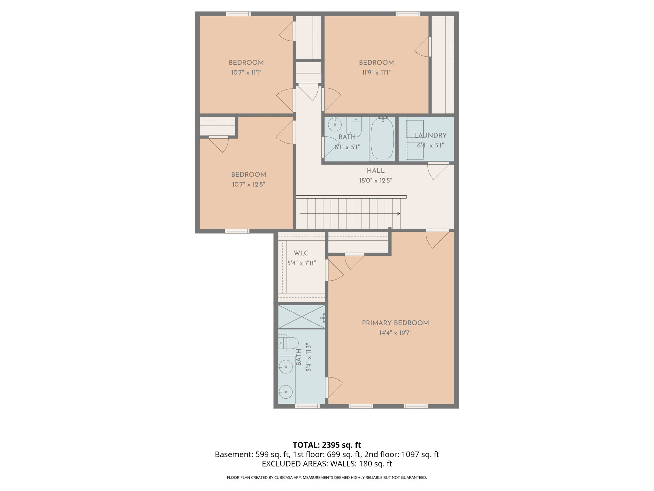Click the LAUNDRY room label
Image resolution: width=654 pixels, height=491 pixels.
coord(430,136)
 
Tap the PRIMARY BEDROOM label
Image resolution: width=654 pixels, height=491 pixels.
coord(395,323)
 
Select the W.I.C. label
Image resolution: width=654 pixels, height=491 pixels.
coord(301,253)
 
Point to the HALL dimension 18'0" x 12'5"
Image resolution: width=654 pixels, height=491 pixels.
coord(376,181)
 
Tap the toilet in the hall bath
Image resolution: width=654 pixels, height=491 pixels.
coord(355,127)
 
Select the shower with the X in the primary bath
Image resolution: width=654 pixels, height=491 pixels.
coord(301,317)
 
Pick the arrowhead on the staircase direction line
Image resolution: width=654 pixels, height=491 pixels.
coord(399,214)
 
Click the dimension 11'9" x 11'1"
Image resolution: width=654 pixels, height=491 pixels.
coord(376,73)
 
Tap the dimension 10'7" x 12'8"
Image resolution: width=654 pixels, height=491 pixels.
coord(248,184)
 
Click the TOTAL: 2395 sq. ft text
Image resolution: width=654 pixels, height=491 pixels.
coord(327,445)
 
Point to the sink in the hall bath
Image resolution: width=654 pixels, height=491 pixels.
coord(335,124)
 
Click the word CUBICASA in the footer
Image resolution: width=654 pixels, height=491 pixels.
coord(284,478)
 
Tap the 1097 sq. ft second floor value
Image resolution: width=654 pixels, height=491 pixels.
coord(420,454)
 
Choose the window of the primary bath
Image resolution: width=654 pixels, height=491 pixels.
coord(307,406)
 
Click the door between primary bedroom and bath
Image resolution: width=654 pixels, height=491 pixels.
coord(334,387)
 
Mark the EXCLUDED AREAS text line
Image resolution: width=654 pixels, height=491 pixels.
coord(327,464)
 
